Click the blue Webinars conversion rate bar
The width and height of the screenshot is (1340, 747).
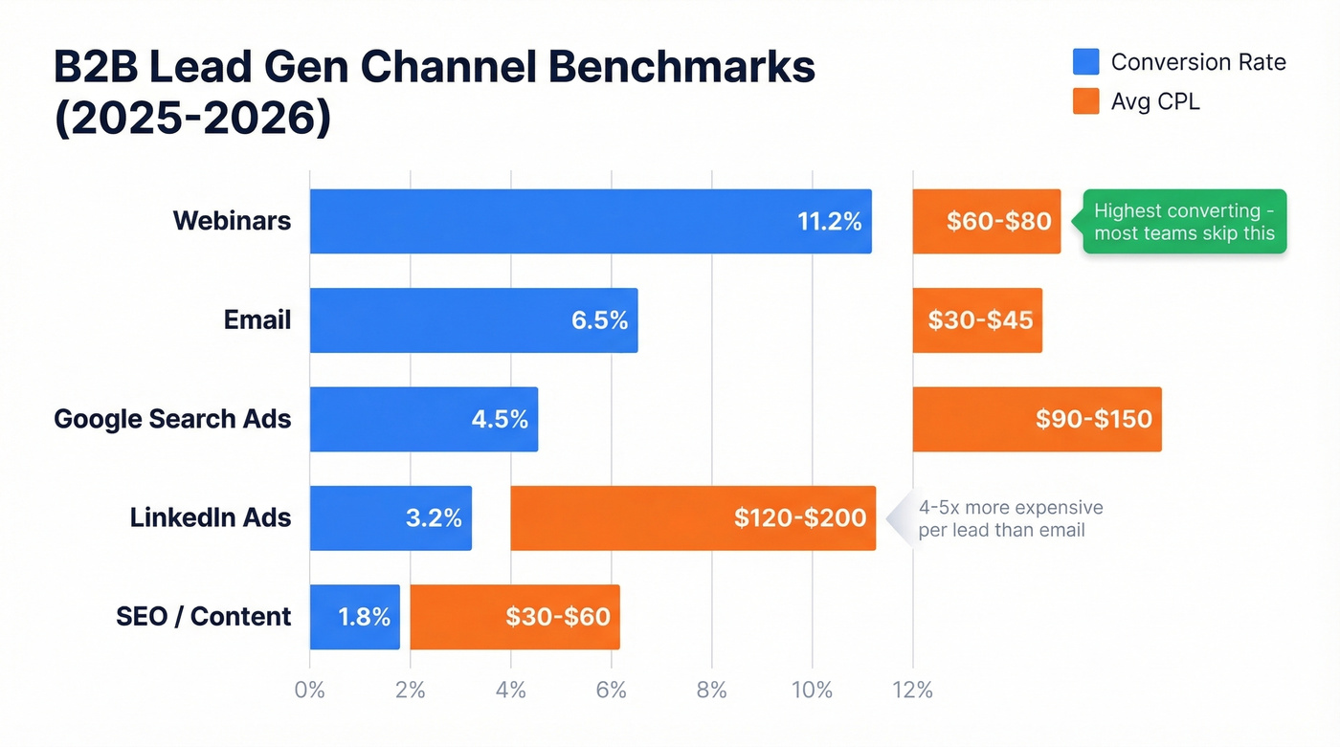pyautogui.click(x=591, y=221)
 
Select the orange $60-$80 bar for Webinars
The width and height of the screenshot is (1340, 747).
pyautogui.click(x=986, y=221)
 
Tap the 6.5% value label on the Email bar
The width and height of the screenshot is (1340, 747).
pyautogui.click(x=599, y=320)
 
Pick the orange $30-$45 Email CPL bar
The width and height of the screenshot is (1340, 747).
pyautogui.click(x=977, y=320)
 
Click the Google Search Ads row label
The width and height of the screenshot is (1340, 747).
pyautogui.click(x=172, y=419)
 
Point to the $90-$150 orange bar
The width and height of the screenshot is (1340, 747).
pyautogui.click(x=1037, y=419)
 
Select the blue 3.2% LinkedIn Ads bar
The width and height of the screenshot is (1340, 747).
pyautogui.click(x=391, y=517)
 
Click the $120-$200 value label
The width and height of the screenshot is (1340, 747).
pyautogui.click(x=800, y=518)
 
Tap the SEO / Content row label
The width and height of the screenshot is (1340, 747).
pyautogui.click(x=203, y=617)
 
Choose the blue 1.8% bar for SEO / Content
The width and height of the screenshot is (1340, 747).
pyautogui.click(x=354, y=617)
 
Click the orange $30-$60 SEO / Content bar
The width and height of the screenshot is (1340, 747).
pyautogui.click(x=515, y=617)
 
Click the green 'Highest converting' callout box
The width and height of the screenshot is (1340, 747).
pyautogui.click(x=1184, y=221)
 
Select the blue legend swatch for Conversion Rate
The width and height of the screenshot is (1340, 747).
pyautogui.click(x=1085, y=62)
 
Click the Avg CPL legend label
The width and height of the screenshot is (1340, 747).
pyautogui.click(x=1155, y=101)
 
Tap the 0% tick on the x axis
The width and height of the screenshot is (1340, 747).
pyautogui.click(x=310, y=690)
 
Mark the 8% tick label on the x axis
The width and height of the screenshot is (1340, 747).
pyautogui.click(x=711, y=690)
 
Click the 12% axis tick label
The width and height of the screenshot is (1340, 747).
pyautogui.click(x=912, y=690)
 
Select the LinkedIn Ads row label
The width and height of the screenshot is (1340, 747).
pyautogui.click(x=211, y=517)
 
